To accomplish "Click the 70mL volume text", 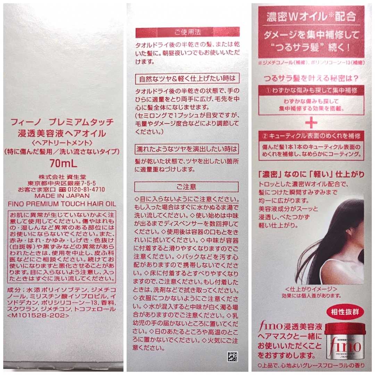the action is coord(64,164).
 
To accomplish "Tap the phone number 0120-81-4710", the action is coord(86,190).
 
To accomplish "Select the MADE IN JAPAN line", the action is coord(62,196).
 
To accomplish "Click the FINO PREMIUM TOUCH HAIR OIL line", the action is coord(62,204).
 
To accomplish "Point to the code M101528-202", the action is coord(38,315).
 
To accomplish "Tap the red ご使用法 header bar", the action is coord(187,32).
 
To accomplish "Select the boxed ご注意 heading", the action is coord(186,187).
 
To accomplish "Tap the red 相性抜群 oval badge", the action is coord(345,312).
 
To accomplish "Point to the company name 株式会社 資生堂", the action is coord(62,177).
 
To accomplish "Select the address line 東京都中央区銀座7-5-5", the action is coord(62,183).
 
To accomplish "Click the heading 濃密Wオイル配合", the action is coord(311,16).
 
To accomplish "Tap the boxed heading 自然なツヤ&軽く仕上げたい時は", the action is coord(187,79).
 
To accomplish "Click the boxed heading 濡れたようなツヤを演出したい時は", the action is coord(187,149).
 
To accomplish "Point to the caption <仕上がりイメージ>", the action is coord(311,289).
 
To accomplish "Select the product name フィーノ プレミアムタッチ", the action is coord(62,122).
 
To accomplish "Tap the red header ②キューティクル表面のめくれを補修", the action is coord(311,136).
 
